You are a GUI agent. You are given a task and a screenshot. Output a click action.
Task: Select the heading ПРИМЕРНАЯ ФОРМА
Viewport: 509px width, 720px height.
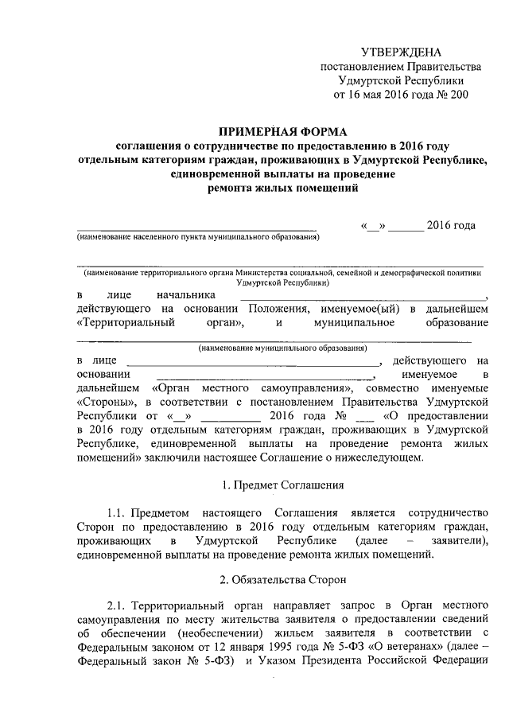pyautogui.click(x=282, y=131)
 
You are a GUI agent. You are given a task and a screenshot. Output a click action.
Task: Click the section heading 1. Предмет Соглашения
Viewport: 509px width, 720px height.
pyautogui.click(x=282, y=485)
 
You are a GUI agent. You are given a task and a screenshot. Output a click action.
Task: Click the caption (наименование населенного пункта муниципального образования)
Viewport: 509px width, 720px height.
pyautogui.click(x=197, y=237)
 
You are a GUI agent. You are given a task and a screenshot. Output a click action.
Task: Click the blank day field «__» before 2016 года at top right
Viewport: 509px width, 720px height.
pyautogui.click(x=373, y=226)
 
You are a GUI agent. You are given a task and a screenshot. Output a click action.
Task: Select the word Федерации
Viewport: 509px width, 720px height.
pyautogui.click(x=459, y=664)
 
